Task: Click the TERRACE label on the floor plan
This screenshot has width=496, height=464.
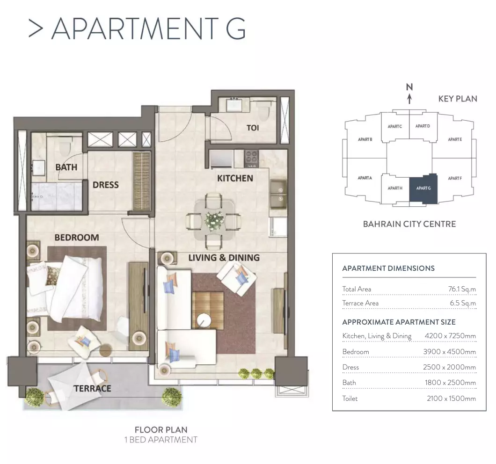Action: click(92, 388)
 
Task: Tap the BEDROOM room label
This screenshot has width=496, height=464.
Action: click(77, 238)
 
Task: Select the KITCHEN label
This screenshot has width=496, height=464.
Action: click(235, 178)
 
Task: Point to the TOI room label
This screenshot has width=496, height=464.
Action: click(253, 128)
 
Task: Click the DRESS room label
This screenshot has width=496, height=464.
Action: click(106, 185)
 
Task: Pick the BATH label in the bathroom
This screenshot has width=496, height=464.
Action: click(66, 167)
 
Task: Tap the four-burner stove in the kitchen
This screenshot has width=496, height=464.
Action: click(251, 158)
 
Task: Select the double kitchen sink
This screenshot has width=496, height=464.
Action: click(279, 194)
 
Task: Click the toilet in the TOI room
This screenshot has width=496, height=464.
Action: click(263, 109)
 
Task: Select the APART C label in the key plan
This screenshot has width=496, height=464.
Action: click(395, 126)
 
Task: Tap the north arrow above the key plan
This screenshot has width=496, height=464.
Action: click(409, 98)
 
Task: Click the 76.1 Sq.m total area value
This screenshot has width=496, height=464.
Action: click(462, 289)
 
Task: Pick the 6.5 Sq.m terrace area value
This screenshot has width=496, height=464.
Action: click(463, 303)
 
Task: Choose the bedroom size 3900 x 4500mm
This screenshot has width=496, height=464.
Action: click(450, 352)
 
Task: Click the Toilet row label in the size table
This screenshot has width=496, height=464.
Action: click(350, 399)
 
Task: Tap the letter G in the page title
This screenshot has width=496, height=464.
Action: click(236, 29)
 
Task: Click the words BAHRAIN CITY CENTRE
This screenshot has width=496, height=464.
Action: click(409, 224)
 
